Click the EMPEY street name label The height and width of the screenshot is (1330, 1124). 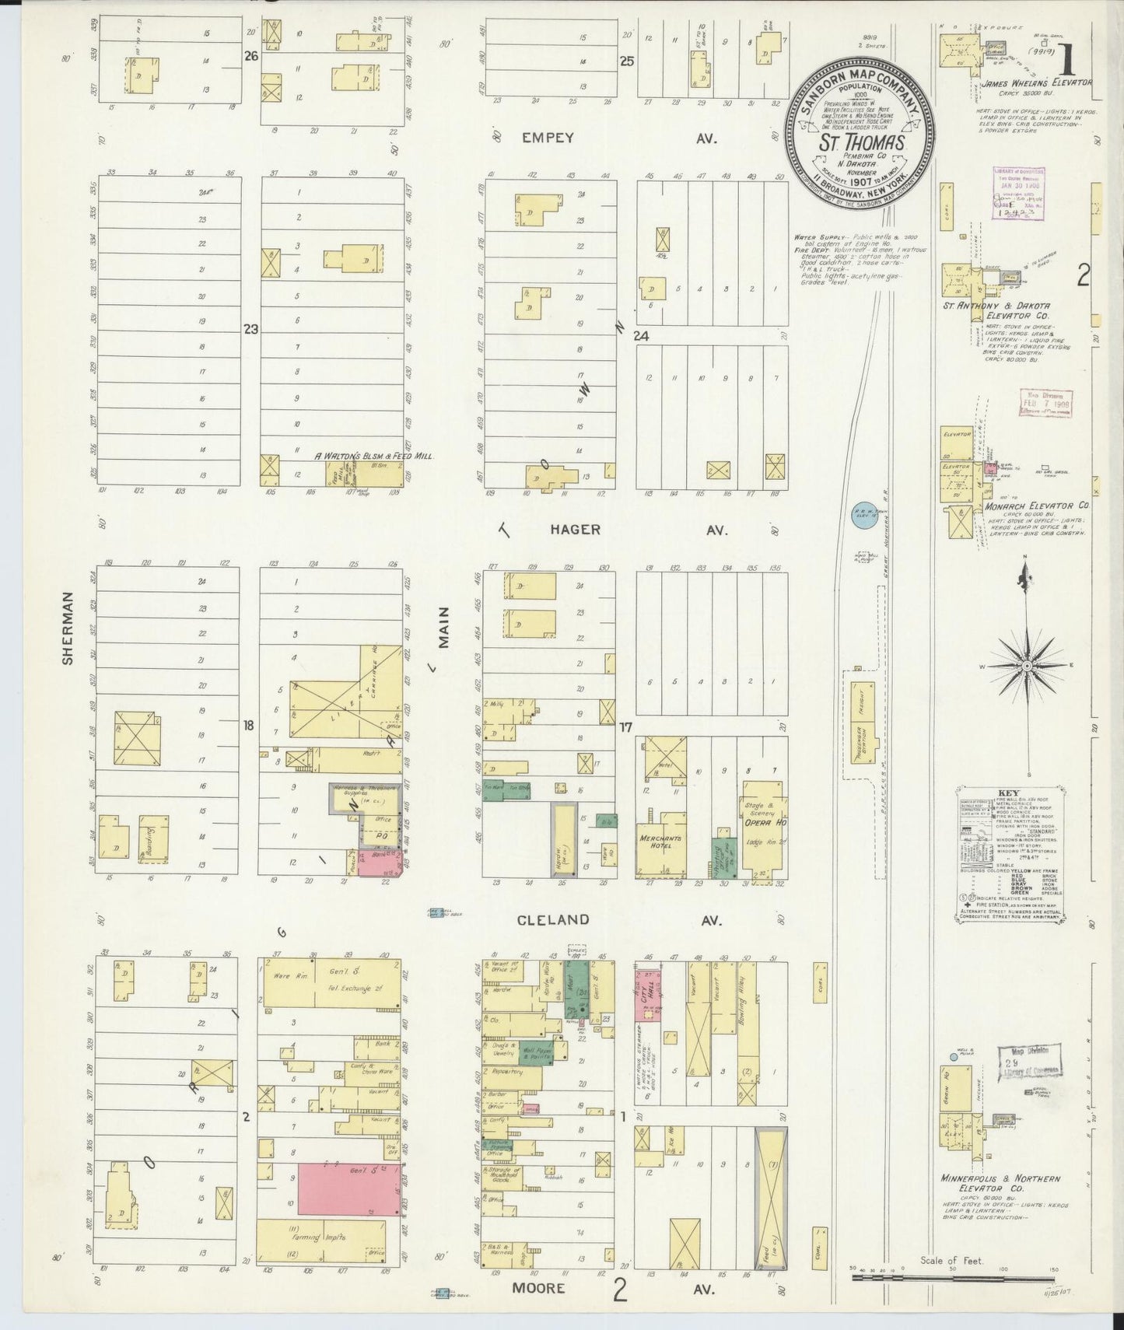[x=548, y=138]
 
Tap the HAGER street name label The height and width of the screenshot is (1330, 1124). [x=575, y=529]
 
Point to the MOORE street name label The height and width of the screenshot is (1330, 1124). [x=538, y=1288]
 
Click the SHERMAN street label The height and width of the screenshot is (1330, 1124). [x=68, y=628]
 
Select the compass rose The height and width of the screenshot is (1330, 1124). [x=1026, y=666]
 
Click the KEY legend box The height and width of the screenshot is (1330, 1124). [x=1007, y=853]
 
